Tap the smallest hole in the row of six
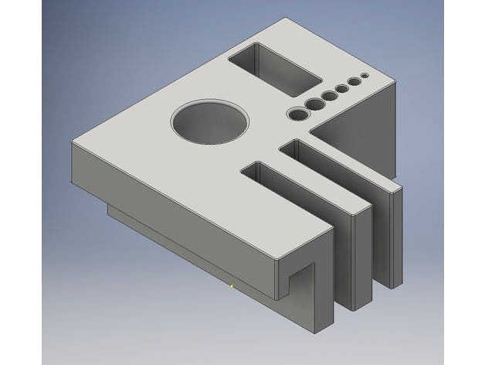[x=365, y=75]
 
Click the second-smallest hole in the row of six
[x=354, y=80]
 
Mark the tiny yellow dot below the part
[x=232, y=285]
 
